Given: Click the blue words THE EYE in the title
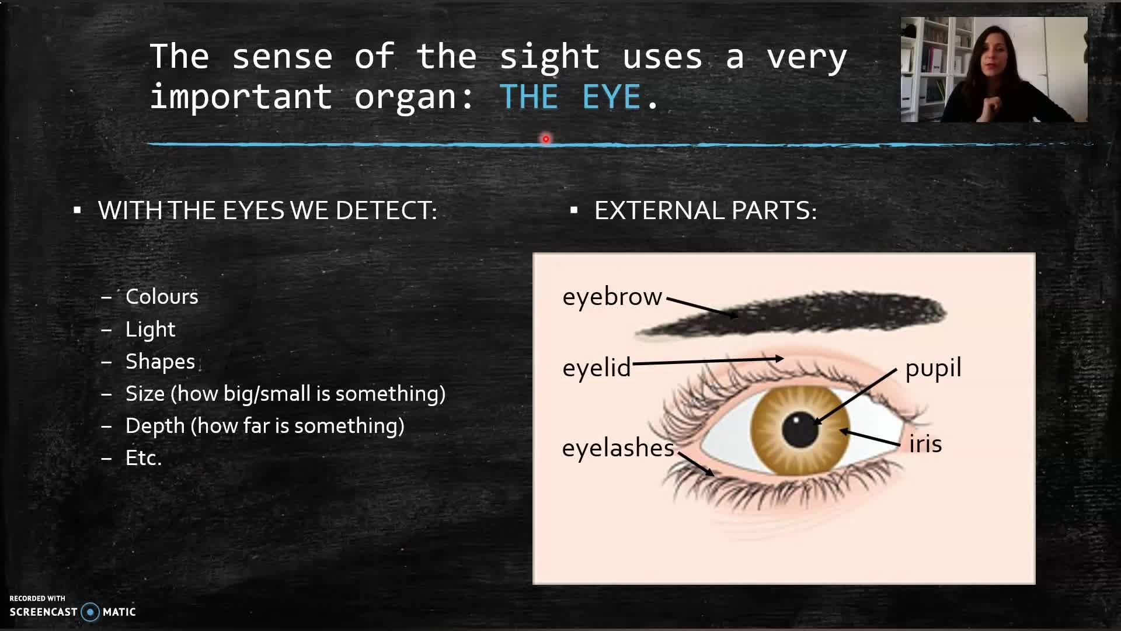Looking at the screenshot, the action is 570,96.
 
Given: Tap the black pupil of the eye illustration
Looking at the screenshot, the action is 800,429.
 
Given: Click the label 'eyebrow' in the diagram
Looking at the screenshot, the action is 612,297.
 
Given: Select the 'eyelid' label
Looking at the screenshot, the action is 597,368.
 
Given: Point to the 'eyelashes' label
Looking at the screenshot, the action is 618,448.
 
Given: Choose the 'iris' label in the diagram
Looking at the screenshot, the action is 925,444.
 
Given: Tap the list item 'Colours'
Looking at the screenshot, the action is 162,297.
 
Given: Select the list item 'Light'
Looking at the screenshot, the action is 150,330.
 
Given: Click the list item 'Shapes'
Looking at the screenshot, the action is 160,362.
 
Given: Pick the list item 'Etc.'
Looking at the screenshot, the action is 143,458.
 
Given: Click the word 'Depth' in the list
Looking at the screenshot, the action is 155,427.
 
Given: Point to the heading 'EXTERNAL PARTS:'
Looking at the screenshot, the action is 705,210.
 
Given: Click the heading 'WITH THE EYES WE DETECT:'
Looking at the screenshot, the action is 267,210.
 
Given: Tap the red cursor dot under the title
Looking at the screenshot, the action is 546,139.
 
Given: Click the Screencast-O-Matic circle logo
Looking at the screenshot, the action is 90,612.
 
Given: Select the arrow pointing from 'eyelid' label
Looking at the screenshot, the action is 708,361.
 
